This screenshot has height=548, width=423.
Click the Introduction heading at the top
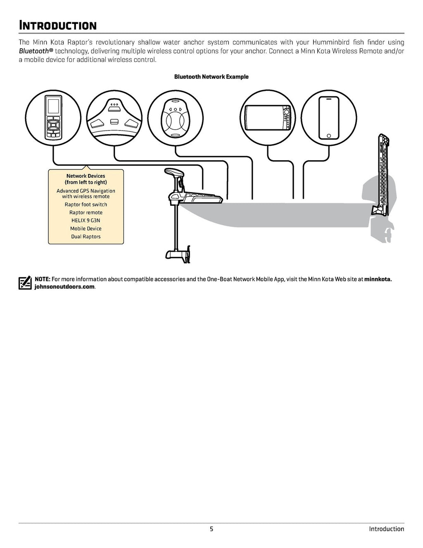58,26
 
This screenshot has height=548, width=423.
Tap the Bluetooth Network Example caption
211,77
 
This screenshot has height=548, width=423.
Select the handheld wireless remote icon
53,118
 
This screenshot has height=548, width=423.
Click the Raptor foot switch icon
114,118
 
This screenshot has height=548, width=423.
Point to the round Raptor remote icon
176,118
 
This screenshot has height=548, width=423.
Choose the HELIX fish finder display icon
268,118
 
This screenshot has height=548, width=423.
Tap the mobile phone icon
329,118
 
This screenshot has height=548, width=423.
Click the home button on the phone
329,136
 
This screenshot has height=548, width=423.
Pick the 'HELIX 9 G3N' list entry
86,221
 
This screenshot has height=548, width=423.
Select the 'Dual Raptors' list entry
86,237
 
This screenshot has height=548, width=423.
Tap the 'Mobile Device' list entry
86,229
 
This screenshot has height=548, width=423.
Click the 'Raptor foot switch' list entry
86,205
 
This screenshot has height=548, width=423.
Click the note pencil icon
25,283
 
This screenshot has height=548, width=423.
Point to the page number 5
211,529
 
